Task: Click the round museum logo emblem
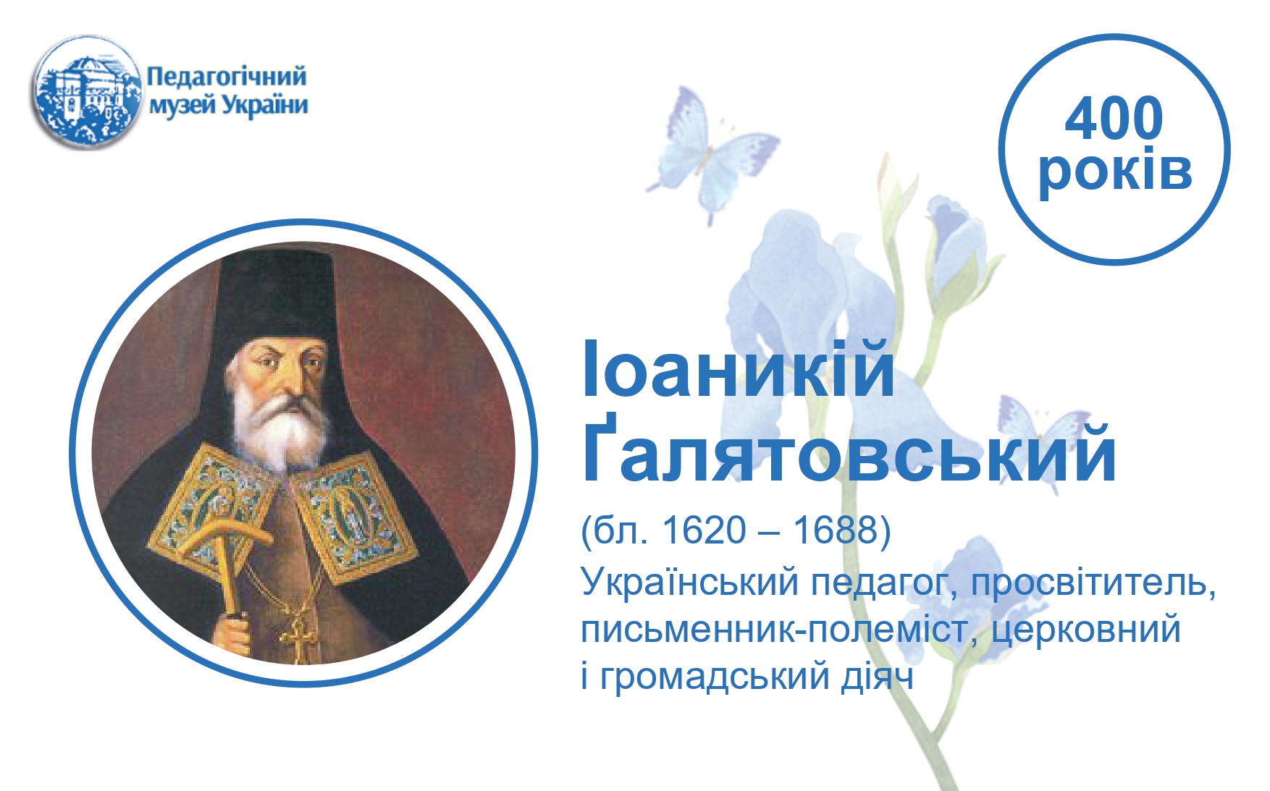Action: point(86,92)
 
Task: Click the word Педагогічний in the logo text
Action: point(227,77)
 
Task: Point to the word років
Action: point(1115,171)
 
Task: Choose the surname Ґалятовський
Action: point(849,453)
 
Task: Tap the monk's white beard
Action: point(282,427)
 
